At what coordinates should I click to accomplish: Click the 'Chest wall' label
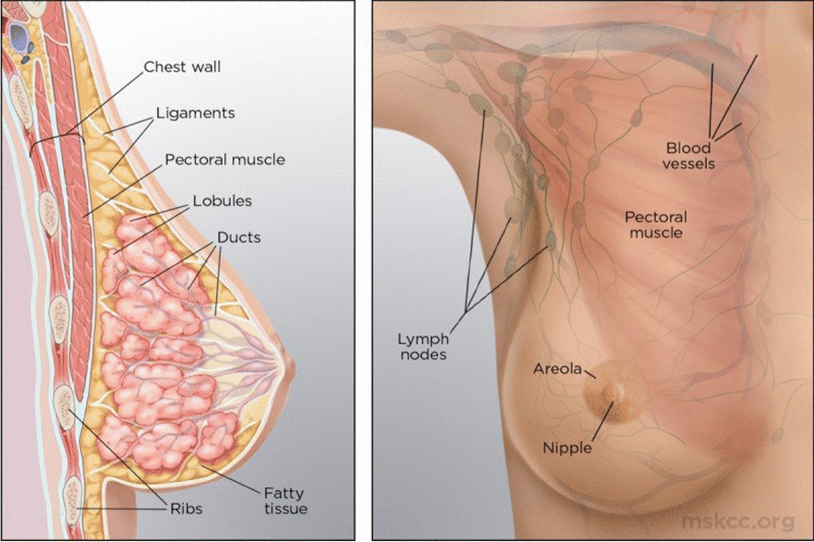tap(182, 67)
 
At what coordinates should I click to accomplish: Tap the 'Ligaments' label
tap(195, 113)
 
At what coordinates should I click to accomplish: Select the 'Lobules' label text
tap(222, 201)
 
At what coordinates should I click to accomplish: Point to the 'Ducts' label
tap(239, 237)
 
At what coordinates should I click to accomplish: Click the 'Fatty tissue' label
tap(285, 501)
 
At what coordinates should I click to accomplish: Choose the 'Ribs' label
tap(186, 509)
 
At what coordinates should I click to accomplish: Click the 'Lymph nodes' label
tap(423, 346)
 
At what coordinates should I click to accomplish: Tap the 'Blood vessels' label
tap(689, 156)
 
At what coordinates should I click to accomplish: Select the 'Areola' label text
tap(557, 369)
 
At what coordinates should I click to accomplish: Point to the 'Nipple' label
tap(567, 448)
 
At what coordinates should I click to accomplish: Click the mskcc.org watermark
tap(738, 522)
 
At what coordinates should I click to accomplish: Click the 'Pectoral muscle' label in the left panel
tap(225, 160)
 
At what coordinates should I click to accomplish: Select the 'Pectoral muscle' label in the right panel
tap(655, 225)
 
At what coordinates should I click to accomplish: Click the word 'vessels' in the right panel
tap(689, 164)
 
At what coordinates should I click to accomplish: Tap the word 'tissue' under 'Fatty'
tap(285, 509)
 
